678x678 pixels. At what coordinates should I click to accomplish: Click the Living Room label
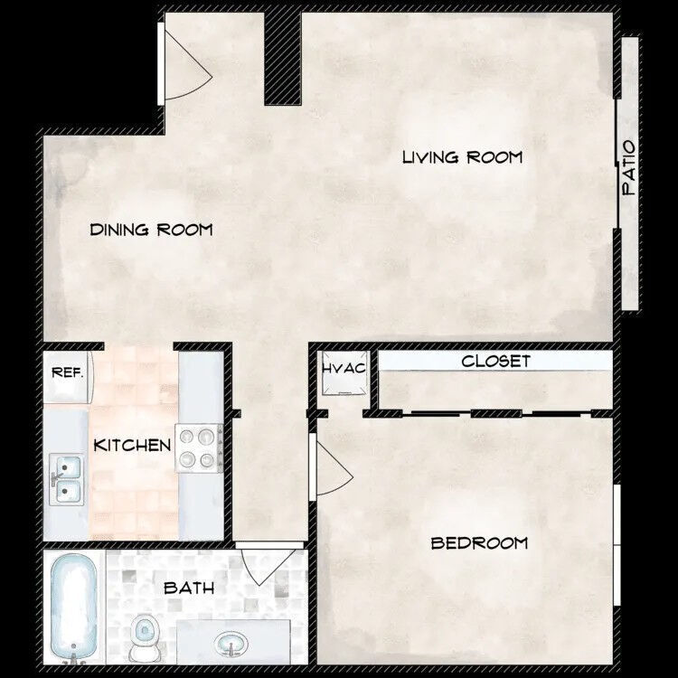click(462, 157)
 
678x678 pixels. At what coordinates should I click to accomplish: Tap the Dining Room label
click(151, 230)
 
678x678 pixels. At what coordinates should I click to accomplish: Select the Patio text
click(630, 169)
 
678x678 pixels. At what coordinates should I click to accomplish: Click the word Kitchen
click(133, 445)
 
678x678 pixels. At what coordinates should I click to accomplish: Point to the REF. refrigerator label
click(67, 372)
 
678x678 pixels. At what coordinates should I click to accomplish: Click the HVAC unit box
click(344, 374)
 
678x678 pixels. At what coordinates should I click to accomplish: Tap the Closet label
click(495, 362)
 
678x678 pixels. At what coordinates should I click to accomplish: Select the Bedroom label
click(479, 543)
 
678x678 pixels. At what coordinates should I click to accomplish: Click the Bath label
click(189, 589)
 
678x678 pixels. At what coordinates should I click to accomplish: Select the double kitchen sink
click(67, 479)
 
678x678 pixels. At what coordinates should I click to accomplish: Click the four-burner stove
click(199, 448)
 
